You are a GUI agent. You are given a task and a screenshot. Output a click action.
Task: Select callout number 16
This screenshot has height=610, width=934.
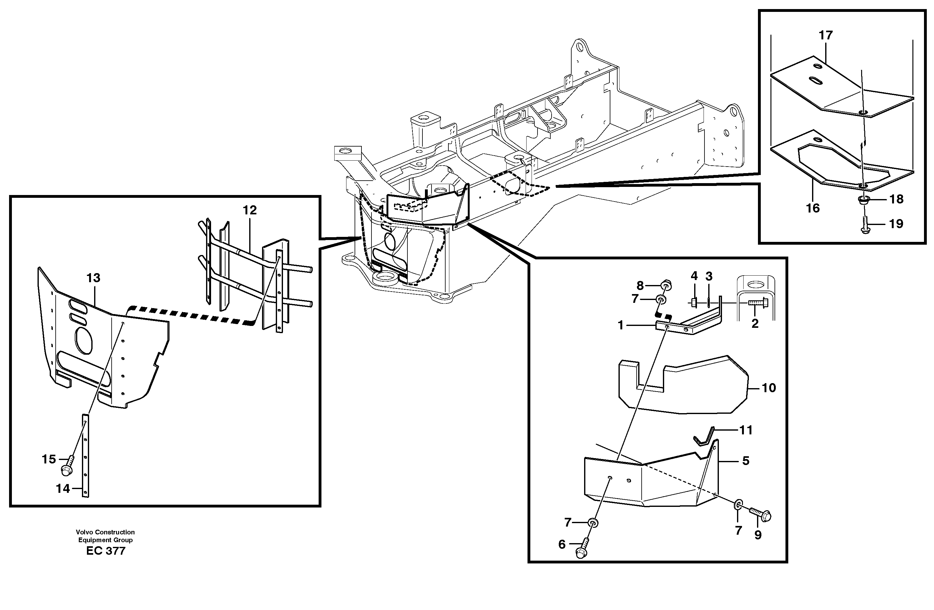[813, 208]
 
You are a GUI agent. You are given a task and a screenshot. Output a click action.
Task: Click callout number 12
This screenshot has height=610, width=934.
[250, 210]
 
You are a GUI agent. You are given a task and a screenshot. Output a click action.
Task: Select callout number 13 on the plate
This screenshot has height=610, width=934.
[93, 278]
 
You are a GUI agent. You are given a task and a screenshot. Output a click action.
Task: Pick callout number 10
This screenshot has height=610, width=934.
[769, 388]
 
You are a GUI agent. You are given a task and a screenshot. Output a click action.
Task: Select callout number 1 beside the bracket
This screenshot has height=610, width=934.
[620, 325]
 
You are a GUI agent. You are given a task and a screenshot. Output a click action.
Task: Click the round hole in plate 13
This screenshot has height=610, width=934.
[83, 340]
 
